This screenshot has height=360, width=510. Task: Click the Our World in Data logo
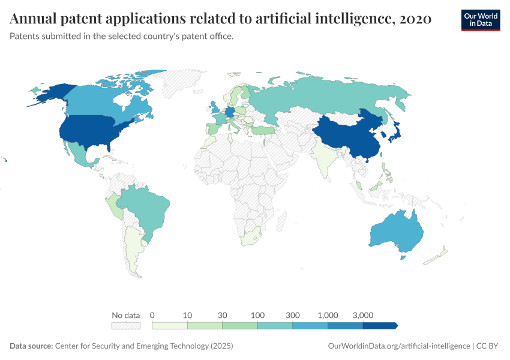click(x=481, y=19)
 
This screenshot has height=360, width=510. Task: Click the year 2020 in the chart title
click(x=415, y=19)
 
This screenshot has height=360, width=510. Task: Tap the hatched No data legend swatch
click(x=126, y=326)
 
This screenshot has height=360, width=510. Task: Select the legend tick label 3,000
click(x=363, y=315)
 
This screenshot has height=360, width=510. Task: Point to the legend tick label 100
click(x=258, y=315)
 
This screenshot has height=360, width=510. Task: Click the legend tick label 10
click(x=187, y=315)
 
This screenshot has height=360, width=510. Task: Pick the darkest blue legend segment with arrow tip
click(x=379, y=326)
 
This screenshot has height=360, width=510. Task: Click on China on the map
click(x=345, y=135)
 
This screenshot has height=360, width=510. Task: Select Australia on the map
click(x=396, y=231)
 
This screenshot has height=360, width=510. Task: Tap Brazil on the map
click(x=147, y=207)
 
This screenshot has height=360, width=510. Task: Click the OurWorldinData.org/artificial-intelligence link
click(x=399, y=346)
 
